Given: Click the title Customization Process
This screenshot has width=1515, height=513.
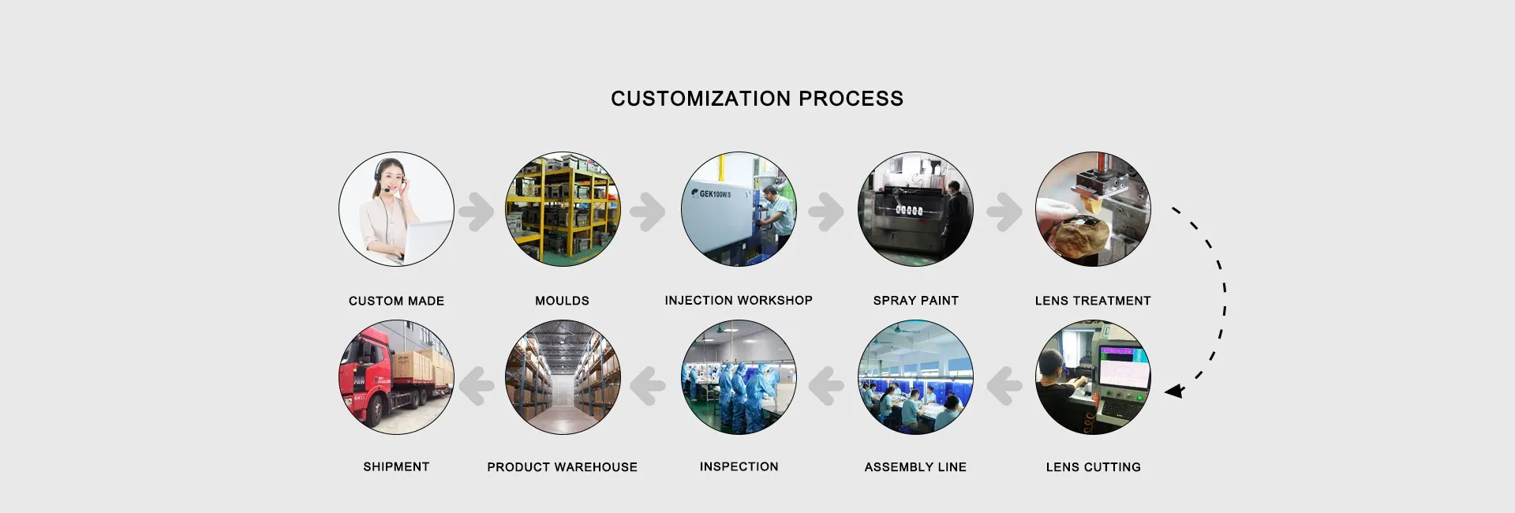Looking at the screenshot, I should (757, 99).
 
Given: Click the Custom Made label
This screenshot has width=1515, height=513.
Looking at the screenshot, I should (396, 301).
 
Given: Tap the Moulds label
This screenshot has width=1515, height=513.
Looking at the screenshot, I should (562, 301).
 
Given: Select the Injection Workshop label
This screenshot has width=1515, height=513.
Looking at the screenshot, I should (738, 300).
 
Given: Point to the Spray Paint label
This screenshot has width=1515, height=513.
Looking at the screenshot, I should (915, 301).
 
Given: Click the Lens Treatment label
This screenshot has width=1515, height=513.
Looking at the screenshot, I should (1093, 301).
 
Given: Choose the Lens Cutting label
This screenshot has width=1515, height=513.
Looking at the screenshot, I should (1093, 467).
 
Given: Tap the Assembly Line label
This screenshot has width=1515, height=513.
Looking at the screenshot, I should (915, 467).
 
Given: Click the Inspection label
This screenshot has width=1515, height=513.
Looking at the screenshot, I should (739, 466).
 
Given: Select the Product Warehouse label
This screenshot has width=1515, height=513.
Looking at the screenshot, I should (562, 467).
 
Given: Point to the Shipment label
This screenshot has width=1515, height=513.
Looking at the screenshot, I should (396, 466).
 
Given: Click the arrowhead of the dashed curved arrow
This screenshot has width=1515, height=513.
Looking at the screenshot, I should (1174, 390).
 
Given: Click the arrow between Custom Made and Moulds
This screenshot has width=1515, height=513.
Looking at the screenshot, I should (476, 211).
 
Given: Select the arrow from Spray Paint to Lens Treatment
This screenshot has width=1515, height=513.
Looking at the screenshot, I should (1004, 211).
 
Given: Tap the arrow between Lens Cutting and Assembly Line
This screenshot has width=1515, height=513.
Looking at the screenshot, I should (1004, 386).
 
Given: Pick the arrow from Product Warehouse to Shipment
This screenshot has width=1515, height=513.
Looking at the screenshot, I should (476, 386).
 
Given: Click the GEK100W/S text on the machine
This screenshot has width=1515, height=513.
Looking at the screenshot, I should (714, 193).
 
